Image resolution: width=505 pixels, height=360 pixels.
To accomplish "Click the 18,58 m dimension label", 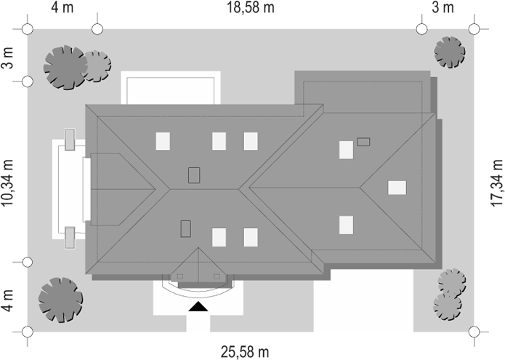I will pos(248,8).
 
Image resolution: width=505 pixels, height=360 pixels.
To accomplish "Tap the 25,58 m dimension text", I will pos(245,352).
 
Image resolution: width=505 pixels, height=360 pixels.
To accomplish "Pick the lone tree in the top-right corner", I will pos(448,52).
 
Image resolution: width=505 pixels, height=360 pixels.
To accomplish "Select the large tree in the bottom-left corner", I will pos(61,298).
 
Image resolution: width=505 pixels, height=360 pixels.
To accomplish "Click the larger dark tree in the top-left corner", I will pos(65,67).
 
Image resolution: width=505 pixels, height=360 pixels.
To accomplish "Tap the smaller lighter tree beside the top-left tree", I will pos(96,65).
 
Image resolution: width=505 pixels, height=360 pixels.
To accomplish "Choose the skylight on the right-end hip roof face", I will pos(397,187).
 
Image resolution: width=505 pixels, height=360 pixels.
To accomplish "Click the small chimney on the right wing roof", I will pos(364,142).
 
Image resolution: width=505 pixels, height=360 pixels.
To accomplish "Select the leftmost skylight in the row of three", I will pos(163,141).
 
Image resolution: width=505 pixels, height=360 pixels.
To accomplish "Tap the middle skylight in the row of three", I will pos(219,141).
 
